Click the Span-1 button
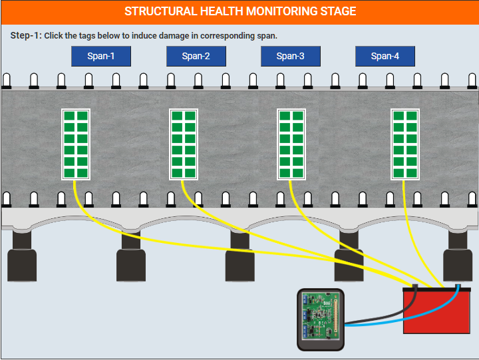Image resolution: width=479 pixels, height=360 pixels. tap(101, 57)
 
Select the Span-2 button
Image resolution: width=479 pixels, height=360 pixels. tap(196, 57)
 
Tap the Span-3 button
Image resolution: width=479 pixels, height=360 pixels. tap(291, 57)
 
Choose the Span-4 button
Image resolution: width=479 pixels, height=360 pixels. tap(385, 57)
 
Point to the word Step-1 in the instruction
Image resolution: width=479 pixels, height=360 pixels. tap(25, 35)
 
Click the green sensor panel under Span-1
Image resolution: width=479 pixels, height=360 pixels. tap(76, 144)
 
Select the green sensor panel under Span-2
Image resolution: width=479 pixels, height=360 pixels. tap(184, 144)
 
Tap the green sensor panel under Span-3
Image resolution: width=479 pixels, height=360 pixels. tap(291, 144)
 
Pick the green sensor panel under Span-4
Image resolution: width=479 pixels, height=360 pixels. tap(405, 144)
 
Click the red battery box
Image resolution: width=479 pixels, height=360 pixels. tap(437, 311)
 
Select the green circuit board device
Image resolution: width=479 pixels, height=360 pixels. tap(321, 319)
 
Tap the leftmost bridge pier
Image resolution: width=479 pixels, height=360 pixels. tap(22, 256)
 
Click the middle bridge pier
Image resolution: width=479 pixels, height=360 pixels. tap(239, 256)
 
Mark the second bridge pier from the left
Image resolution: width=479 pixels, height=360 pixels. tap(131, 256)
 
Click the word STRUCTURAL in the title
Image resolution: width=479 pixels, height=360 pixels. tap(161, 11)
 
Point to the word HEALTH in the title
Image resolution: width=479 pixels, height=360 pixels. tap(222, 11)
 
